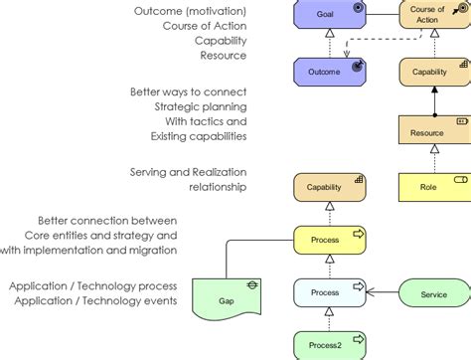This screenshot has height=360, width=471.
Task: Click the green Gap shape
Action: pyautogui.click(x=227, y=295)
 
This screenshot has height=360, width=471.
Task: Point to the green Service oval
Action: pyautogui.click(x=434, y=293)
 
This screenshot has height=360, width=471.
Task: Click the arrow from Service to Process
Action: pyautogui.click(x=384, y=293)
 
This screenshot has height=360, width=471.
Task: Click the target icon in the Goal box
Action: pyautogui.click(x=358, y=8)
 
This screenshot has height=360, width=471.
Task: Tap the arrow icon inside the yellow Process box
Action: pyautogui.click(x=358, y=234)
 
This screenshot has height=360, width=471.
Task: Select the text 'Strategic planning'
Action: pyautogui.click(x=201, y=106)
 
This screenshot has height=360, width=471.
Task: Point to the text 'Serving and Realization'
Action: pyautogui.click(x=188, y=172)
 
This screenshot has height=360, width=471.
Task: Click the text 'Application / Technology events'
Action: pyautogui.click(x=93, y=300)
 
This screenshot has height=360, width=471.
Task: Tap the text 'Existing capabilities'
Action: pyautogui.click(x=199, y=135)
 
